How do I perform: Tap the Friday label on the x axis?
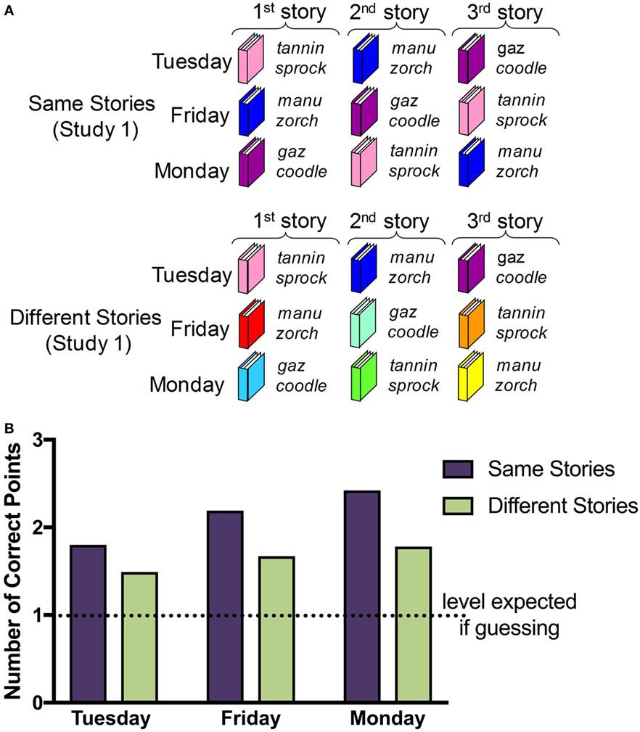coord(250,719)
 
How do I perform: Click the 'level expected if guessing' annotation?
coord(509,614)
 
